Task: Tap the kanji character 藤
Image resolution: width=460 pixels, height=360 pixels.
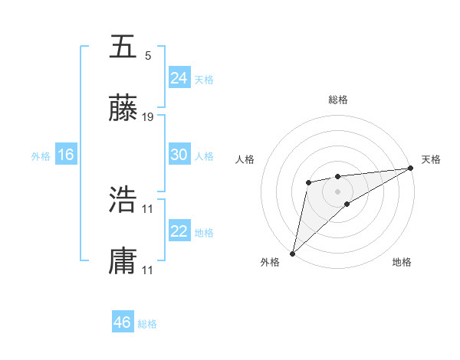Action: point(123,109)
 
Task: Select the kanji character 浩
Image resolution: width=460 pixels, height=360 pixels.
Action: point(123,199)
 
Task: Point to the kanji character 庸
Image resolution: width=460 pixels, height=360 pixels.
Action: point(123,260)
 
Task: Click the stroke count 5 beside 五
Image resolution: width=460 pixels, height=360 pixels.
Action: point(148,56)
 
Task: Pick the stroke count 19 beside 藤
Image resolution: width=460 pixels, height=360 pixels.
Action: point(148,117)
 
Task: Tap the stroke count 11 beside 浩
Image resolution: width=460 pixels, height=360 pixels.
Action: point(148,208)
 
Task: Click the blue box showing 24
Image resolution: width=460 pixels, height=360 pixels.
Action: point(179,78)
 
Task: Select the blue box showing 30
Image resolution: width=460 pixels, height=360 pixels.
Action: point(179,155)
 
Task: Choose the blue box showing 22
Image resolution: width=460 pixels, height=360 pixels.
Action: point(179,231)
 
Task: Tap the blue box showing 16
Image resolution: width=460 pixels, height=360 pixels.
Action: point(65,155)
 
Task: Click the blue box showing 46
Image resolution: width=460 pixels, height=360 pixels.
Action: point(122,322)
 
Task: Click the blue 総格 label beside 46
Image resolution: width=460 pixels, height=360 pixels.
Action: point(147,324)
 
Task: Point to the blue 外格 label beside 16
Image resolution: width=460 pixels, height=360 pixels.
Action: point(41,156)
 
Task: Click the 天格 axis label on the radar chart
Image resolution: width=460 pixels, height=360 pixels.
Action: point(431,159)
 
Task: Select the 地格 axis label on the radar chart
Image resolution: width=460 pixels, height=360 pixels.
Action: point(402,262)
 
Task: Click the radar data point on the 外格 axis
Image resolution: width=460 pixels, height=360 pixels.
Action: point(292,253)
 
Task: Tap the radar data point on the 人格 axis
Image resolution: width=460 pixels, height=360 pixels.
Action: point(308,182)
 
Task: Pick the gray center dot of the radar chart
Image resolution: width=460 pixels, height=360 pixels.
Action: point(337,190)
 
